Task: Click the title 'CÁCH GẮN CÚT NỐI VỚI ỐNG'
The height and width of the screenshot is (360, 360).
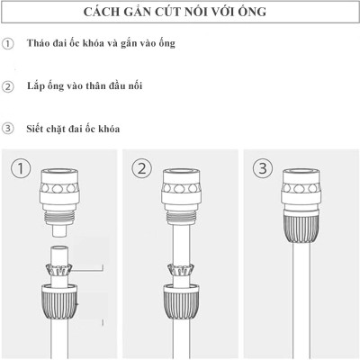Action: [x=180, y=15]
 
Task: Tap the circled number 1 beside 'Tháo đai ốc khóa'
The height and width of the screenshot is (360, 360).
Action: [x=9, y=44]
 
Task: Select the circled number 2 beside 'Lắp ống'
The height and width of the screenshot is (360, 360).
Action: [x=9, y=86]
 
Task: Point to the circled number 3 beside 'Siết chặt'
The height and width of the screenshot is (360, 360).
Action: [x=9, y=128]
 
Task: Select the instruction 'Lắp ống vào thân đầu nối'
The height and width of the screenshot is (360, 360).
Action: [x=84, y=86]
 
